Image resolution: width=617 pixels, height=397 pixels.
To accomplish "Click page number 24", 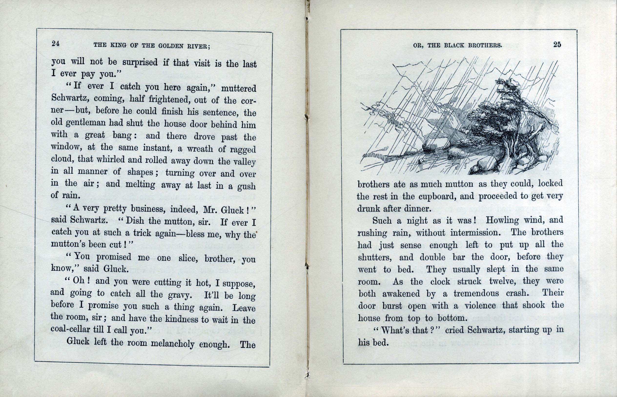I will coord(56,43).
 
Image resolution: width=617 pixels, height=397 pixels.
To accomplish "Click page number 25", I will coord(557,45).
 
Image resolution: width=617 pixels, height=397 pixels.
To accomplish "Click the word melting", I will coord(140,185).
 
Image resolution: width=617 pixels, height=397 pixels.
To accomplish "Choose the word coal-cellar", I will coord(71,329).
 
